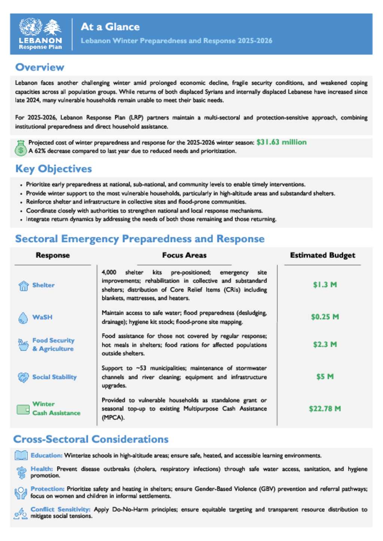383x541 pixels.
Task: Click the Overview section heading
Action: pos(40,67)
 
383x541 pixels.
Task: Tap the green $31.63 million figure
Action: pos(281,142)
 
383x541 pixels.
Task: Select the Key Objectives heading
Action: pos(53,169)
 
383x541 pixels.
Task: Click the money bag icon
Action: pos(21,148)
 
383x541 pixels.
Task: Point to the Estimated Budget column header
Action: pos(322,255)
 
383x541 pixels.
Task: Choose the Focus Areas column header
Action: pos(184,255)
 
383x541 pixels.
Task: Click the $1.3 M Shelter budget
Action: pos(325,285)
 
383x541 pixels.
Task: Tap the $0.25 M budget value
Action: pos(325,317)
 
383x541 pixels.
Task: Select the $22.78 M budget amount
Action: pos(325,409)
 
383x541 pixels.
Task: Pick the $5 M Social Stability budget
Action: pos(325,376)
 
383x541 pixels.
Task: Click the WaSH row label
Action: pos(42,317)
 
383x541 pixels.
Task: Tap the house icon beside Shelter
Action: pos(24,286)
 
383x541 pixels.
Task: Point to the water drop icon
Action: pos(23,318)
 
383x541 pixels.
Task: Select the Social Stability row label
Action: pos(54,377)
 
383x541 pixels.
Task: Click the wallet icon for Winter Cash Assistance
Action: pos(23,409)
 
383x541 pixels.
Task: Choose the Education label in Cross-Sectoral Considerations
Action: pos(46,455)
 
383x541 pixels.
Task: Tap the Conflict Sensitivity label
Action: pos(60,509)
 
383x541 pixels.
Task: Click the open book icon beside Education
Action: pos(21,455)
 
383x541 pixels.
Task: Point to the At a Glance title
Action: pos(110,27)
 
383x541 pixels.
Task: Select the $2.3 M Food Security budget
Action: pos(325,344)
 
